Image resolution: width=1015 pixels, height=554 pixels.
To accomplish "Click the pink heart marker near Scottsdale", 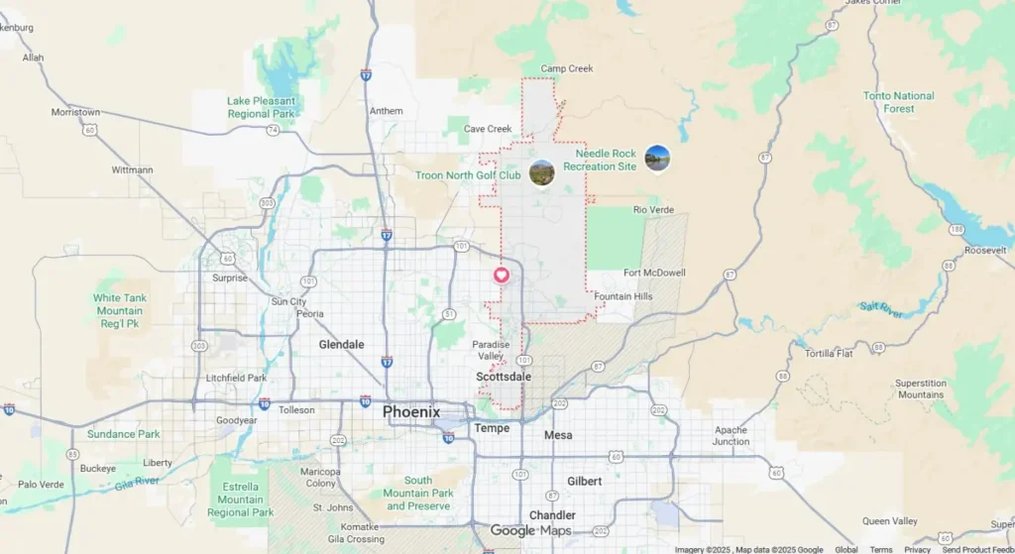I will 502,275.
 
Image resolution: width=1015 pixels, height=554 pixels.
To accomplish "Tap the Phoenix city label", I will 410,411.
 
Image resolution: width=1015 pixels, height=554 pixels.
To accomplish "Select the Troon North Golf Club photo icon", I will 541,173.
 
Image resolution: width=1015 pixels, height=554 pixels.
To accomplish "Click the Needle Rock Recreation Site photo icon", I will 656,158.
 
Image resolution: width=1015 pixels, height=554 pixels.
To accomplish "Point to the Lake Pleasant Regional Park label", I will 262,107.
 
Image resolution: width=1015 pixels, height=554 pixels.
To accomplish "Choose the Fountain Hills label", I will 623,296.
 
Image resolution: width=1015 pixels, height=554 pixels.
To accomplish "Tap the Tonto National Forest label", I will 898,102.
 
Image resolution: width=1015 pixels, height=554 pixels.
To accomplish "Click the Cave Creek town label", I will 488,129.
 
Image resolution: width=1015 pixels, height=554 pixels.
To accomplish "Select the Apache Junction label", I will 731,436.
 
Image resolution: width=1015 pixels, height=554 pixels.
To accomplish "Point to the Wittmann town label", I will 132,169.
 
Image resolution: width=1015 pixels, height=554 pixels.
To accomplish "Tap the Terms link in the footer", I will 880,549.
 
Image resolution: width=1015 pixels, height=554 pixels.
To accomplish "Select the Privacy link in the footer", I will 917,549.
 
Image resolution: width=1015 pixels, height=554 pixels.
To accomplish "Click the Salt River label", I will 881,309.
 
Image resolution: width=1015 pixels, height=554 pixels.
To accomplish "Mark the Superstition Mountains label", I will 920,388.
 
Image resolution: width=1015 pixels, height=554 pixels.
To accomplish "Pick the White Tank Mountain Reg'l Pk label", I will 120,310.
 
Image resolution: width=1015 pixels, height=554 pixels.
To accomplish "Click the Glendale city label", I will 341,345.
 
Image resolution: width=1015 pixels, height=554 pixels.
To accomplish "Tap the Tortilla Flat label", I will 830,354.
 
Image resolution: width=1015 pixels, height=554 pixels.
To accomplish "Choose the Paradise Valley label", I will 491,350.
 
